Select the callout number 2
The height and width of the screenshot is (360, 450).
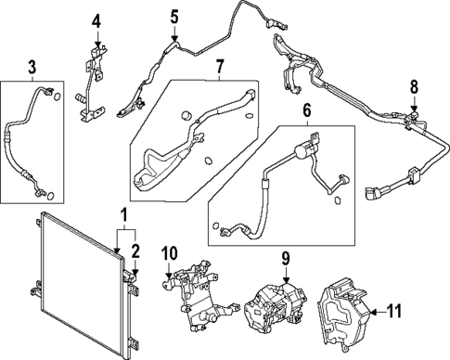135,251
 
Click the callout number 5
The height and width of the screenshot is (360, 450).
174,16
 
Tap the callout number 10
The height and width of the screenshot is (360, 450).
169,252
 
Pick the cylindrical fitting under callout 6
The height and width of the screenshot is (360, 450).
302,148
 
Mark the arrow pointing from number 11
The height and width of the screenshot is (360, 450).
371,312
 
